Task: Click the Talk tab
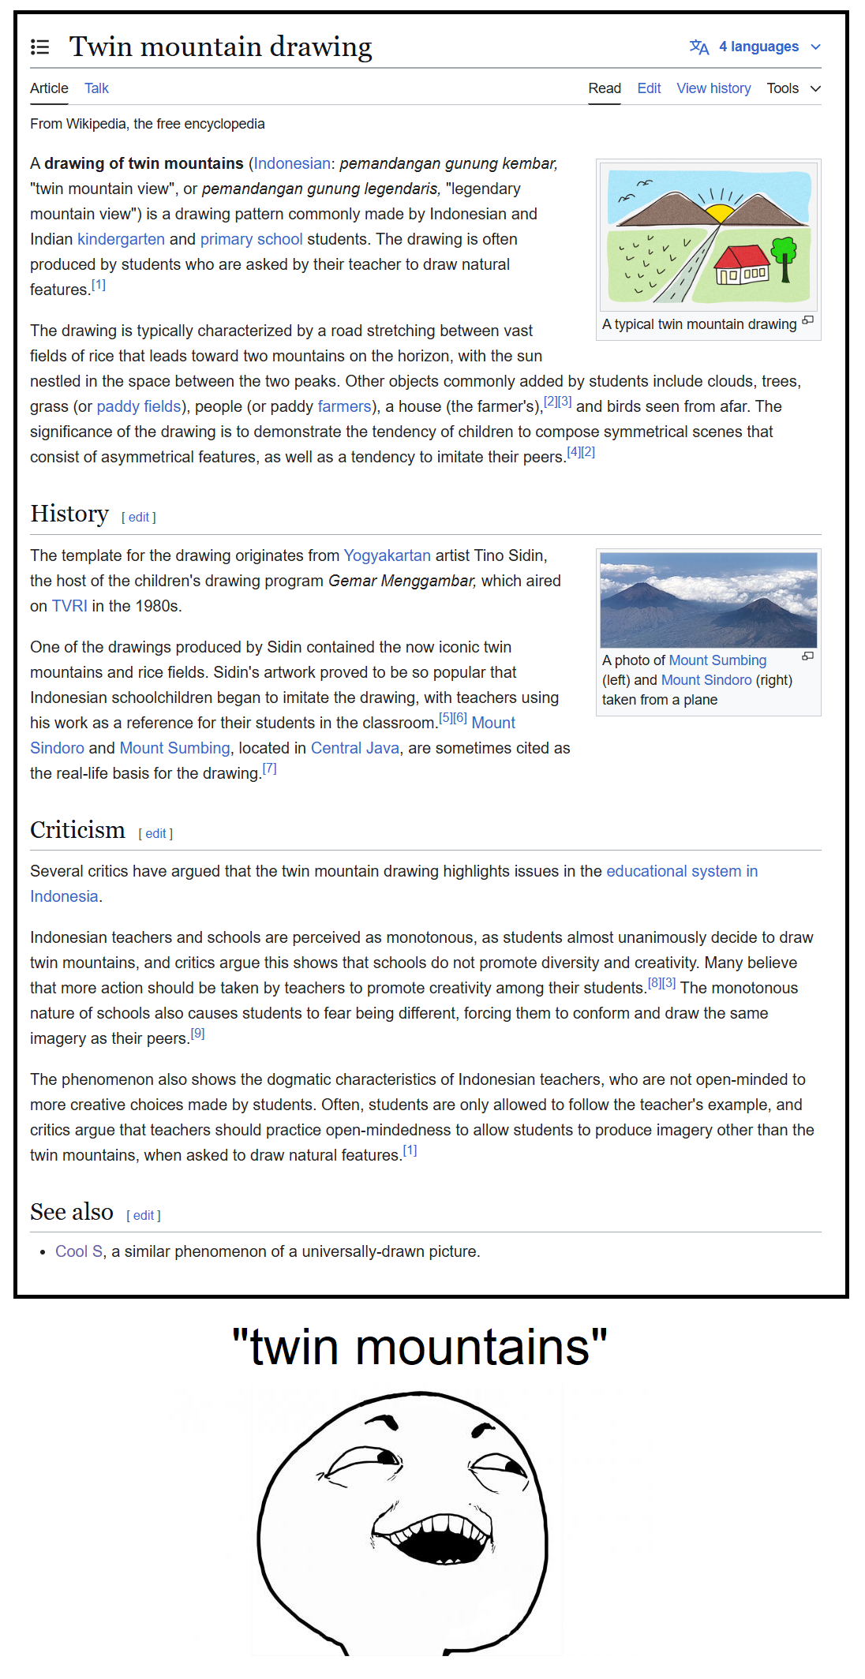[96, 88]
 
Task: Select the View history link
[713, 88]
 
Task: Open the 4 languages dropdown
[755, 47]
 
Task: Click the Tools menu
[792, 88]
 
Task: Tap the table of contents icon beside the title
[39, 47]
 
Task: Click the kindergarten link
[121, 239]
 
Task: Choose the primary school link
[251, 239]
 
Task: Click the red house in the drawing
[742, 264]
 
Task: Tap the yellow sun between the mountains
[719, 212]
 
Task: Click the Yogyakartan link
[387, 555]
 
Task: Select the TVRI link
[69, 606]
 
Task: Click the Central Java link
[354, 748]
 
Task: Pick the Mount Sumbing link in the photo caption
[717, 660]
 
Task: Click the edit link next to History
[139, 518]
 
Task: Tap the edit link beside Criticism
[155, 834]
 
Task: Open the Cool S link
[79, 1251]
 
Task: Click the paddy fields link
[139, 406]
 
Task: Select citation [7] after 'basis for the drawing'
[269, 768]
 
